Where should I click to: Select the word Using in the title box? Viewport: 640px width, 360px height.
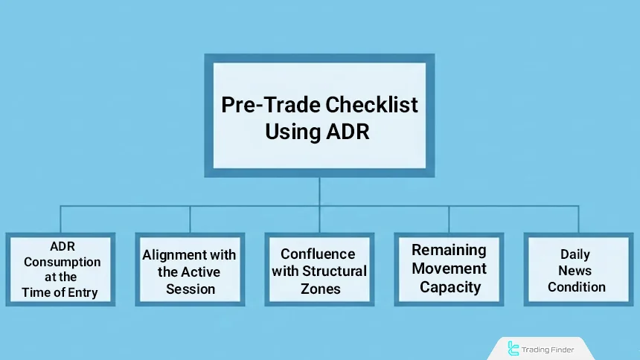pyautogui.click(x=293, y=132)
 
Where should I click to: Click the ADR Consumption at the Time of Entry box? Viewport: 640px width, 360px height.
pyautogui.click(x=60, y=269)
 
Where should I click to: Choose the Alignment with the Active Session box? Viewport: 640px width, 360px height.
pyautogui.click(x=190, y=269)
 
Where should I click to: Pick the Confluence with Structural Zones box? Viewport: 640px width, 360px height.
pyautogui.click(x=319, y=269)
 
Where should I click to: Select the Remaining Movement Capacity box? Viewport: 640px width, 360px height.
pyautogui.click(x=449, y=269)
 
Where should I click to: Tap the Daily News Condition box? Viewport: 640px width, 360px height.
pyautogui.click(x=577, y=269)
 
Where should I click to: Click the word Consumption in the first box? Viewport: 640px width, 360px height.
pyautogui.click(x=62, y=262)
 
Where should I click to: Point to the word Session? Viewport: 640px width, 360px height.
pyautogui.click(x=191, y=289)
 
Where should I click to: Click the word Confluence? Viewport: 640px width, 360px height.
pyautogui.click(x=319, y=254)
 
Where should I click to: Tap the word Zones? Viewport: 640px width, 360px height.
pyautogui.click(x=320, y=289)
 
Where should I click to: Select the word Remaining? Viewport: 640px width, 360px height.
pyautogui.click(x=449, y=250)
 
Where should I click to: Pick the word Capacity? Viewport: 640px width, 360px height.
pyautogui.click(x=449, y=287)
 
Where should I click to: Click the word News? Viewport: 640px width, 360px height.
pyautogui.click(x=575, y=271)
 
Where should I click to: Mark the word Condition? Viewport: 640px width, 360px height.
pyautogui.click(x=577, y=287)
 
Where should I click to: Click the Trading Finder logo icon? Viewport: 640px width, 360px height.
pyautogui.click(x=513, y=348)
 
